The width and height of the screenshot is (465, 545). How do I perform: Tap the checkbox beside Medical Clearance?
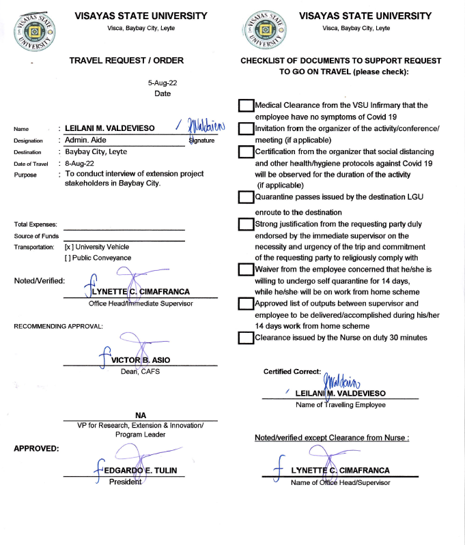(246, 106)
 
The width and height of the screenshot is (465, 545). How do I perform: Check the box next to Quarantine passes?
(246, 198)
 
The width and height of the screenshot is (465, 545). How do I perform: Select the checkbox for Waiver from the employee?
(246, 269)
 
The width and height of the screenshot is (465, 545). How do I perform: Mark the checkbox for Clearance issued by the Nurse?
(246, 338)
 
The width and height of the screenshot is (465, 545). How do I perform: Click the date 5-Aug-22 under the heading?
(163, 82)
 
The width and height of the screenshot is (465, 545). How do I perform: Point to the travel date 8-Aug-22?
(80, 164)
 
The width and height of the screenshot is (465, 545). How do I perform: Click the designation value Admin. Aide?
(87, 140)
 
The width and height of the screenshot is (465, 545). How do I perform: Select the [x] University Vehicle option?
(96, 247)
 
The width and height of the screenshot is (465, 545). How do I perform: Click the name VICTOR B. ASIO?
(141, 359)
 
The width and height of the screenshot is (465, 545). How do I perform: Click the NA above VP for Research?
(141, 415)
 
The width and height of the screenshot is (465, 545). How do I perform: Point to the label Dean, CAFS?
(141, 371)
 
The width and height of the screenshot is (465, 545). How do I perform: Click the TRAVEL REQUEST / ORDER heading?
(126, 60)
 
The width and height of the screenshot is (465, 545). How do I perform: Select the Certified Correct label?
(292, 372)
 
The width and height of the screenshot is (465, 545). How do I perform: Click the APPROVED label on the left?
(36, 448)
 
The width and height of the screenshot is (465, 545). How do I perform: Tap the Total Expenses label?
(36, 224)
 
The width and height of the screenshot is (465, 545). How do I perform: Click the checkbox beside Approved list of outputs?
(246, 304)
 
